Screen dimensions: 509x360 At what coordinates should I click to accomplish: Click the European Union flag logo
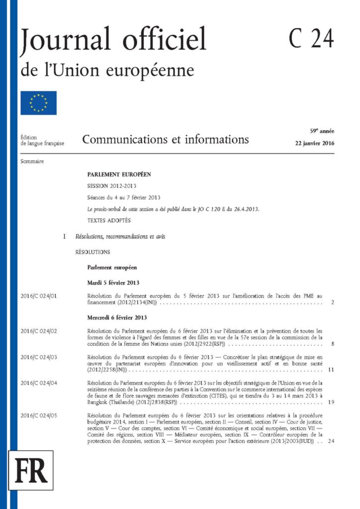[39, 103]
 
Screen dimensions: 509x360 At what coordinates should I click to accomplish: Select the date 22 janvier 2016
[314, 143]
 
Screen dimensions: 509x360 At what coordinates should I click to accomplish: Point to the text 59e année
[322, 131]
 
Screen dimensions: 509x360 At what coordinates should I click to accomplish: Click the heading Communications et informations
[166, 139]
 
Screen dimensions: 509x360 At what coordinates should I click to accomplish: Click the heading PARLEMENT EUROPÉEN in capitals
[119, 174]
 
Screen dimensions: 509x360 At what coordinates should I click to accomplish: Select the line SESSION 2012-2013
[111, 185]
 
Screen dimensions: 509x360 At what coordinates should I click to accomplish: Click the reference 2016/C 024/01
[39, 296]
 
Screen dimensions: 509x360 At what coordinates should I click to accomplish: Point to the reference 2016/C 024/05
[39, 415]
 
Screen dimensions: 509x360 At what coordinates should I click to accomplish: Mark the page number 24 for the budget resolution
[331, 441]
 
